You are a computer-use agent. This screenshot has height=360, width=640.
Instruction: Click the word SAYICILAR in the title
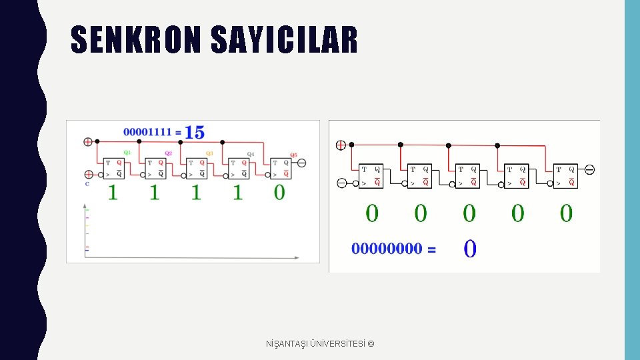[x=284, y=39]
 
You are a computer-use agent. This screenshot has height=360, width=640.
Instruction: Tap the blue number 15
[x=195, y=132]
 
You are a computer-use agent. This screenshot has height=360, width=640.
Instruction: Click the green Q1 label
[x=127, y=152]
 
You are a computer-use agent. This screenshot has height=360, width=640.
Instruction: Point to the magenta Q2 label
[x=169, y=153]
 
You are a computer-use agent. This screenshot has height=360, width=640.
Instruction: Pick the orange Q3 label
[x=209, y=153]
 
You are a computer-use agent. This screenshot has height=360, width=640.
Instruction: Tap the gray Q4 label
[x=251, y=153]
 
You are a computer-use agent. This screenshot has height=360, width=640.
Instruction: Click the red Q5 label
[x=293, y=155]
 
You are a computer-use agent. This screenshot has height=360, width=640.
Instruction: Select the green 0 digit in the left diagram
[x=279, y=192]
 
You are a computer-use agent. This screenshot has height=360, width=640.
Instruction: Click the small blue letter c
[x=87, y=183]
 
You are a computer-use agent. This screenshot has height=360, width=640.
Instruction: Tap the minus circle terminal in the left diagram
[x=301, y=163]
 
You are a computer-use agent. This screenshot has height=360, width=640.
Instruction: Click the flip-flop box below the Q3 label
[x=197, y=168]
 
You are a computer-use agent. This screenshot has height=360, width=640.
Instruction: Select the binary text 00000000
[x=387, y=249]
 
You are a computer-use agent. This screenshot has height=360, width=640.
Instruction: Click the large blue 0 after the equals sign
[x=469, y=249]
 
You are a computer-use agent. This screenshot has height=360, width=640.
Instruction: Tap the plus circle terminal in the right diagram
[x=341, y=145]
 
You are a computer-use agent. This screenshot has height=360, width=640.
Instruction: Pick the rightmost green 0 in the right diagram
[x=566, y=213]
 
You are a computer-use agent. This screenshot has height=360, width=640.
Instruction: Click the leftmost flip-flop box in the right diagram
[x=371, y=176]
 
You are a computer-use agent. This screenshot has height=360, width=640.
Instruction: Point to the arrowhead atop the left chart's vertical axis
[x=85, y=203]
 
